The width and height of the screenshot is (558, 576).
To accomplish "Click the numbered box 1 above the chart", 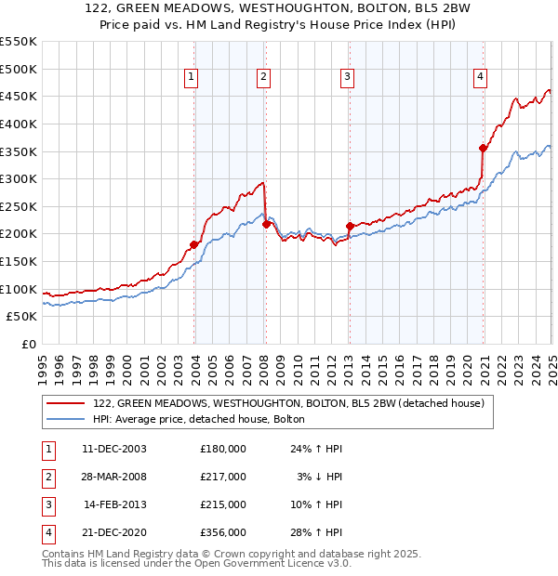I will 191,77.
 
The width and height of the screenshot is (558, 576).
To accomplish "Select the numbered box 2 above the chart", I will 264,77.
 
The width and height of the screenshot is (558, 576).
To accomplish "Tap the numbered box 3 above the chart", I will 346,77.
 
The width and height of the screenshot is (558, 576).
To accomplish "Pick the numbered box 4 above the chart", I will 480,77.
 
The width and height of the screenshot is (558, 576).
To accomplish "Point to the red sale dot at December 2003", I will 194,244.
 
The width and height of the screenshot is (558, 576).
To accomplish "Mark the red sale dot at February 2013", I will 350,226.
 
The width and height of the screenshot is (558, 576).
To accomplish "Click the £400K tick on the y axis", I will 19,124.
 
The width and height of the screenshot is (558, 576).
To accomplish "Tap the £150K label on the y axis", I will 19,261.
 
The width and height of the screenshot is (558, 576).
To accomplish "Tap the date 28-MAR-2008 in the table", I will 113,477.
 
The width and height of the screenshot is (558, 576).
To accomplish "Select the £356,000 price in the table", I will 223,532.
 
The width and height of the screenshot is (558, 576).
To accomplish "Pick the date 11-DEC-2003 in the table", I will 113,449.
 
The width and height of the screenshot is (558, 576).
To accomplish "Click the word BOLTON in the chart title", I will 380,9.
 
